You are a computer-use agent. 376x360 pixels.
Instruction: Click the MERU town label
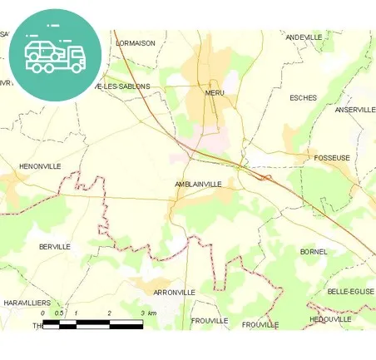[x=215, y=93]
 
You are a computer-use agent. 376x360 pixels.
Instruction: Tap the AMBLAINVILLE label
[x=198, y=184]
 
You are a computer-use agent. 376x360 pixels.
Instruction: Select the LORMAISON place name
[x=136, y=43]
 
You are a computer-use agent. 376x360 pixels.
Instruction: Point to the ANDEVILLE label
[x=304, y=37]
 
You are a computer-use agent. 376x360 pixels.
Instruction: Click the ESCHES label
[x=303, y=98]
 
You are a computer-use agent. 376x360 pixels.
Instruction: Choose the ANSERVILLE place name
[x=355, y=110]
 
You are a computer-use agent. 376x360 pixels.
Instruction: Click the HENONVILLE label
[x=41, y=166]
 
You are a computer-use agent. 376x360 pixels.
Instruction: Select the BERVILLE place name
[x=55, y=247]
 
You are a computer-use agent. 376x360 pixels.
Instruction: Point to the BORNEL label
[x=314, y=251]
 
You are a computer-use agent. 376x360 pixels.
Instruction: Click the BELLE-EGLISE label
[x=350, y=292]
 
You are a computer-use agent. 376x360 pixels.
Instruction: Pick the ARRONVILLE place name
[x=174, y=293]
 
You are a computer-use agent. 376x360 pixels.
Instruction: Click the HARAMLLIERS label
[x=27, y=303]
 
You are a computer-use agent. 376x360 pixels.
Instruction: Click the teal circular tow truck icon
[x=55, y=54]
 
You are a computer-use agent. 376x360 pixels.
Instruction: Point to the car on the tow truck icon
[x=44, y=50]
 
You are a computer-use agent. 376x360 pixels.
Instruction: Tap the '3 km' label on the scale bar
[x=148, y=313]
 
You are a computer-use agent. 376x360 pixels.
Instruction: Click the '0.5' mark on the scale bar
[x=58, y=313]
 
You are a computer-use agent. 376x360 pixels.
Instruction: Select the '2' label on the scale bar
[x=109, y=313]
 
